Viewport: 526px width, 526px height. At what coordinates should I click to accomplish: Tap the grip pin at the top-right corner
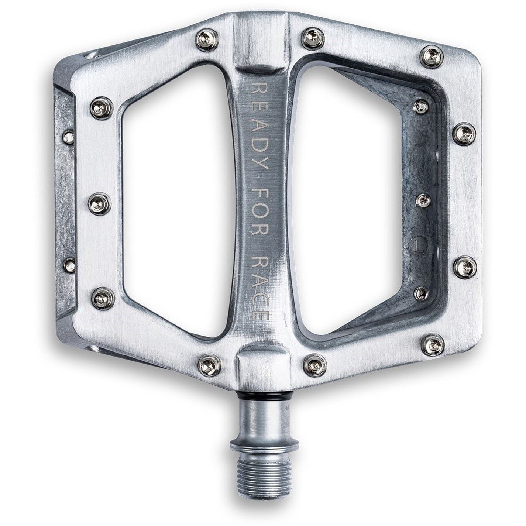pos(432,56)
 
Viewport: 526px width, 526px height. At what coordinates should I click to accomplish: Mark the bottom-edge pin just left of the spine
pos(210,364)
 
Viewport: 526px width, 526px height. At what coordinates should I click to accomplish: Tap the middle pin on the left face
pos(100,202)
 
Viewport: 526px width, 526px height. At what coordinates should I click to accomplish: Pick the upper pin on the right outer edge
pos(464,134)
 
